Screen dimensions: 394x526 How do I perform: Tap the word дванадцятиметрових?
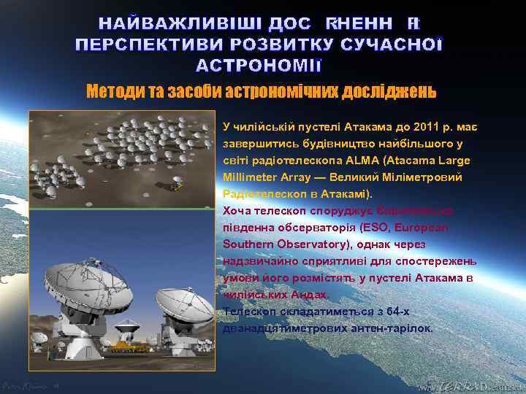(x=286, y=328)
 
